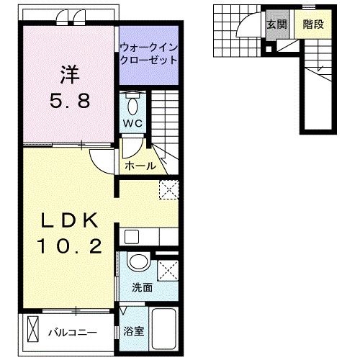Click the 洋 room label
point(68,74)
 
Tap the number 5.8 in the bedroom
point(69,100)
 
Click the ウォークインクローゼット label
point(148,54)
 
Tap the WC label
point(132,123)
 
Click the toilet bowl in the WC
point(132,105)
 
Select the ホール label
point(141,166)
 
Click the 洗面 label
point(141,287)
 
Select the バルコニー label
point(73,333)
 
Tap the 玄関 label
point(276,23)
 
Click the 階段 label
point(312,23)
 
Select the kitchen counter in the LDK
point(148,237)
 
